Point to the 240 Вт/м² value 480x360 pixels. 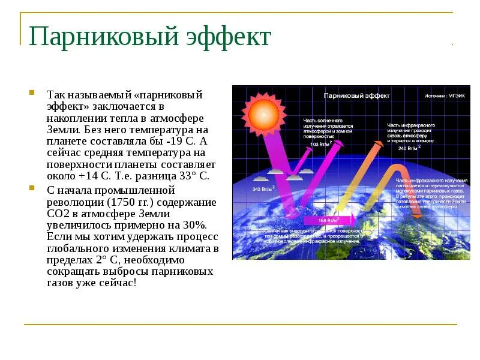(408, 148)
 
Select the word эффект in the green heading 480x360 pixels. (231, 37)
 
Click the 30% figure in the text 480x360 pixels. (194, 225)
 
